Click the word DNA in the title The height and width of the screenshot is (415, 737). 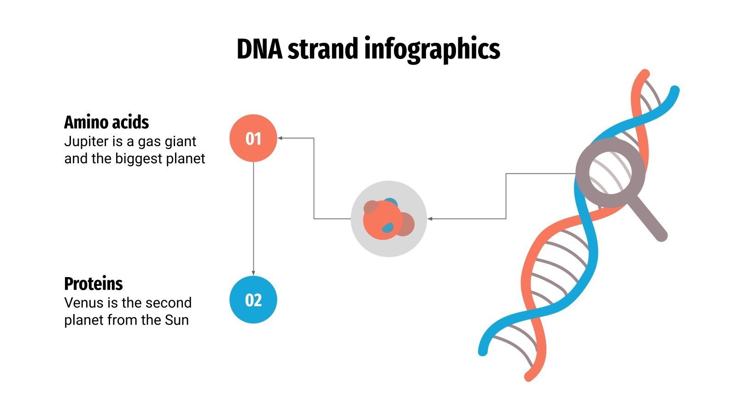259,49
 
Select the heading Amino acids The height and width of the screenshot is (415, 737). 106,123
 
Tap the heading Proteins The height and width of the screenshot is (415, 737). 94,284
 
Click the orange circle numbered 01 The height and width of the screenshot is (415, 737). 253,138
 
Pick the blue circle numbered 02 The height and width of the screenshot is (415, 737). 253,300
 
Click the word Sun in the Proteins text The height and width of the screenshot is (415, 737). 177,320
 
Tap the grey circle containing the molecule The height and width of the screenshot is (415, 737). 389,219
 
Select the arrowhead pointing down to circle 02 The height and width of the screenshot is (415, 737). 253,273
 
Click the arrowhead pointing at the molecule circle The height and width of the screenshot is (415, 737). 430,219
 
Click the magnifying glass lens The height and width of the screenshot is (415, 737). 610,172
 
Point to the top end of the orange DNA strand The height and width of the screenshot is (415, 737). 645,74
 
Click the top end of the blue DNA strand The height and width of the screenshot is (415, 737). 675,90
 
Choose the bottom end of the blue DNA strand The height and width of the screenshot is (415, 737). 483,351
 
